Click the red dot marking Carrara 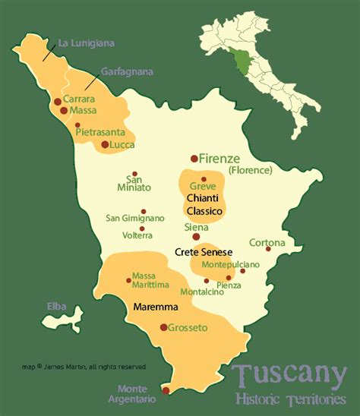(x=58, y=101)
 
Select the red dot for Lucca (x=105, y=144)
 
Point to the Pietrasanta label (x=102, y=131)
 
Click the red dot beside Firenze (x=194, y=159)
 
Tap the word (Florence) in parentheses (x=249, y=170)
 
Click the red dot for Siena (x=197, y=237)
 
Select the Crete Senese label (x=203, y=252)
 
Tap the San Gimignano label (x=135, y=218)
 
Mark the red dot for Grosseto (x=163, y=327)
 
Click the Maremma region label (x=155, y=308)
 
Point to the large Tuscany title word (x=285, y=375)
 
